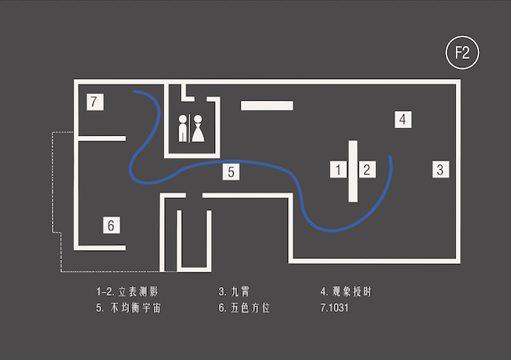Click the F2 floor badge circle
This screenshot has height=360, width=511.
pos(463,53)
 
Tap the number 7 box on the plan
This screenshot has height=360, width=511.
pos(94,102)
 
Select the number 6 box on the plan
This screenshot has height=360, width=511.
pos(112,225)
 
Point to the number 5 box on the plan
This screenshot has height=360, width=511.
pos(231,171)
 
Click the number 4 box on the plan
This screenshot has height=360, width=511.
pos(401,119)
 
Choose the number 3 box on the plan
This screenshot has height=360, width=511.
pos(440,168)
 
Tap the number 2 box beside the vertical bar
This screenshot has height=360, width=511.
pos(368,169)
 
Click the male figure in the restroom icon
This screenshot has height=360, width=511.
pos(184,129)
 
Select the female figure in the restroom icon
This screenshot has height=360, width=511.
pos(200,129)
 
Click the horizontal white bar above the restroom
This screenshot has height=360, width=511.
pos(266,106)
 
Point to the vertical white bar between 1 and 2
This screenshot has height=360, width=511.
pos(353,171)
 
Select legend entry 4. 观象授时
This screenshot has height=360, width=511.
pos(352,292)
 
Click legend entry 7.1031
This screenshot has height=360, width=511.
pos(335,308)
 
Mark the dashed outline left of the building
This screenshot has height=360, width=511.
pos(53,202)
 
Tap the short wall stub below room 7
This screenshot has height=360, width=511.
pos(102,138)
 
